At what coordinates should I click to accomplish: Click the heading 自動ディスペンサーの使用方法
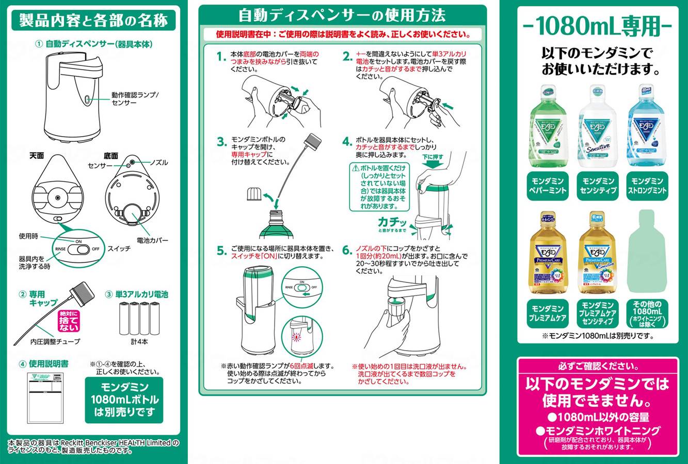click(x=342, y=15)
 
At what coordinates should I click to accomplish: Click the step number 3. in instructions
click(x=222, y=142)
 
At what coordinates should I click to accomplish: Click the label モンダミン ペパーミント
click(x=547, y=186)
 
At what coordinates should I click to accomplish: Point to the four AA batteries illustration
click(x=137, y=319)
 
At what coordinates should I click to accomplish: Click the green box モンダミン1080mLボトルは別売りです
click(x=124, y=400)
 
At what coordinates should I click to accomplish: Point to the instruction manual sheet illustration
click(x=45, y=395)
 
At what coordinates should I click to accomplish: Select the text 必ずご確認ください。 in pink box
click(x=597, y=367)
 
